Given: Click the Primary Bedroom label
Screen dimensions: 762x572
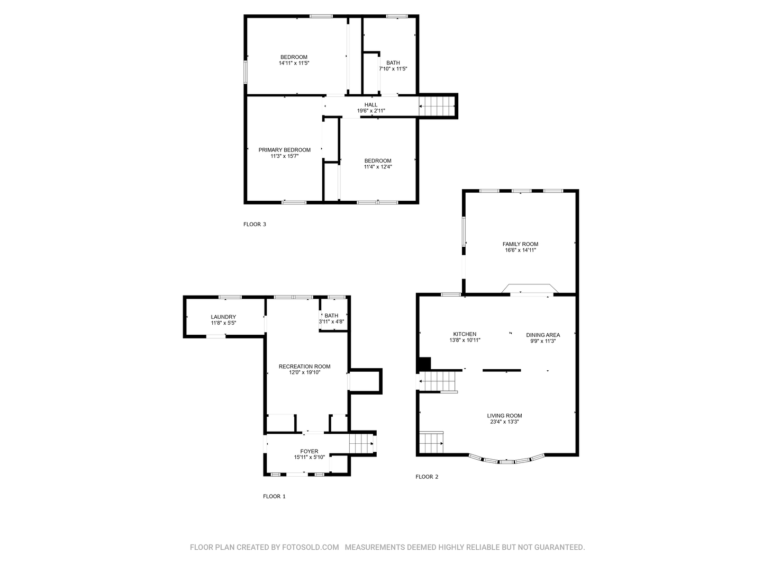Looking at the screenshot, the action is click(x=284, y=150).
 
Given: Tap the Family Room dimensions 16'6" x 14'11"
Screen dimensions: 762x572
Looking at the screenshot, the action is click(x=520, y=250).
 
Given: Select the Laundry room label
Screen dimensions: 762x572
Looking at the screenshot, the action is click(x=223, y=317).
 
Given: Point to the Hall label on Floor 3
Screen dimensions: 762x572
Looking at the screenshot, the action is click(x=371, y=105).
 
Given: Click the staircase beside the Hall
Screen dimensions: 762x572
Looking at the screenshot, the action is click(x=437, y=106).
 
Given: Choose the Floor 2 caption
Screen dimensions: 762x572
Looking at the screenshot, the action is click(x=427, y=477).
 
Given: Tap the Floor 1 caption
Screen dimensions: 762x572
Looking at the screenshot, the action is click(x=274, y=496).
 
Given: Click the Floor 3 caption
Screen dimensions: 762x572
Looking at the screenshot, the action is click(x=255, y=225).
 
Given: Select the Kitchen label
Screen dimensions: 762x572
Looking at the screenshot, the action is click(x=465, y=334).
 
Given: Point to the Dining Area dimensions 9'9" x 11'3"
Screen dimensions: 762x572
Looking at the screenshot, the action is click(x=543, y=341).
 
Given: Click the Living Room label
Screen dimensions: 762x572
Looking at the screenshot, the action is click(x=504, y=416).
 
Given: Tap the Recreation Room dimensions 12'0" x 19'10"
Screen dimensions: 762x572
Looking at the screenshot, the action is click(x=304, y=372).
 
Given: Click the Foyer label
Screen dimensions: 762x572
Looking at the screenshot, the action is click(x=309, y=451).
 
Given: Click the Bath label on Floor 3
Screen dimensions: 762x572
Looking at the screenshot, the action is click(x=393, y=63).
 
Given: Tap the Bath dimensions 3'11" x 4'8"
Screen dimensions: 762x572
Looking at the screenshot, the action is click(x=332, y=321).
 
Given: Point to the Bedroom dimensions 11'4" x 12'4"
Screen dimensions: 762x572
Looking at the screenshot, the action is click(x=378, y=167).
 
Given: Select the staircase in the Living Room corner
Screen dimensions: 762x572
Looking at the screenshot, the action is click(x=431, y=442).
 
